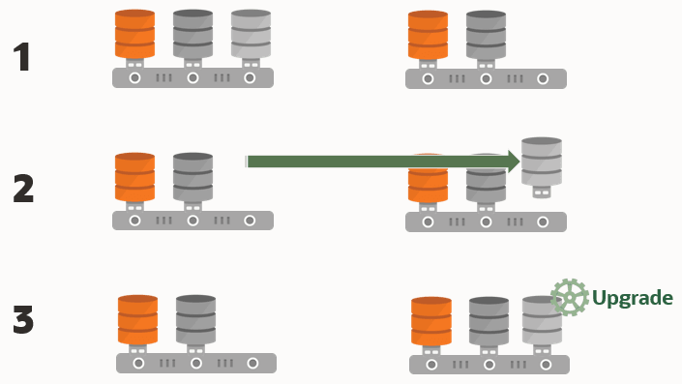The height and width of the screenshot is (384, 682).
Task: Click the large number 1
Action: click(x=21, y=56)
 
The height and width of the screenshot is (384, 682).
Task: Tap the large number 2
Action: click(x=23, y=189)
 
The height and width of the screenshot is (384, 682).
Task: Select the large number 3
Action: click(x=23, y=319)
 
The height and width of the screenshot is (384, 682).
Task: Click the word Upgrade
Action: click(x=633, y=298)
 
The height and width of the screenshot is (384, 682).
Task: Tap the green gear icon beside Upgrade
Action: click(x=570, y=297)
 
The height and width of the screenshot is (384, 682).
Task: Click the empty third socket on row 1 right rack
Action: click(x=543, y=78)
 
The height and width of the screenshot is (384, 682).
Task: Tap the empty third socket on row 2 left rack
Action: click(x=250, y=221)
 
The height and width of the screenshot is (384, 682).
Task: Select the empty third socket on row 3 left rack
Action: click(x=252, y=363)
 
